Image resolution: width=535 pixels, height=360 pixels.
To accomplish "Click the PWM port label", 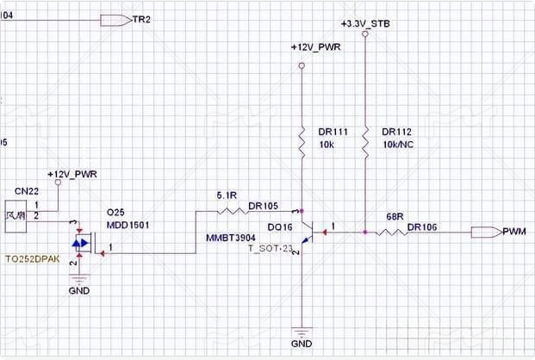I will coord(513,232).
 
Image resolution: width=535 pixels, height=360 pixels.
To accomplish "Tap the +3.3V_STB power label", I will coord(365,25).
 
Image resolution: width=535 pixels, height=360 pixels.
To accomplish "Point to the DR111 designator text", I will coord(333,132).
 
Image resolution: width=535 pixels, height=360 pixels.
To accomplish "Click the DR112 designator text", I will coord(398,132).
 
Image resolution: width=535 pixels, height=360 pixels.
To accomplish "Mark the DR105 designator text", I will coord(263,206).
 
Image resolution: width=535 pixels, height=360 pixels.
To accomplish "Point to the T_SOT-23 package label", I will coord(271,250).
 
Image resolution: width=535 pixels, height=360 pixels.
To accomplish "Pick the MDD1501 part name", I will coord(128,224).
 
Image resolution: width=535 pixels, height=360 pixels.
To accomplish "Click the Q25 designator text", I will coord(115,211).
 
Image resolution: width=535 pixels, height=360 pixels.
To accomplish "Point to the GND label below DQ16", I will coord(302,343).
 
